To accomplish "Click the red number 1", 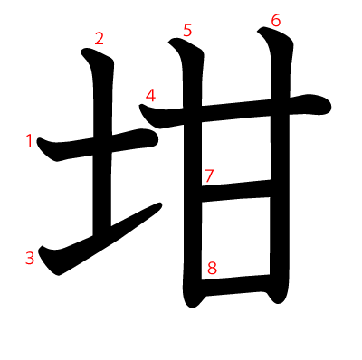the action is [x=29, y=141].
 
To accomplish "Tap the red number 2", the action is [x=100, y=39].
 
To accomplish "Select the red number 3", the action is [x=30, y=259].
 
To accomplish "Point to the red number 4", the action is [x=150, y=95].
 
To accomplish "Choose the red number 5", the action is [x=187, y=31].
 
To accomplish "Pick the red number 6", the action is [x=276, y=21].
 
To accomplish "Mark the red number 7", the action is [x=209, y=175].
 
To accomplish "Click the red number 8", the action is [x=212, y=268].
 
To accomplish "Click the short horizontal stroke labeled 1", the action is [x=97, y=145].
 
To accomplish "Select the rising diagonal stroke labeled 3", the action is [x=100, y=238].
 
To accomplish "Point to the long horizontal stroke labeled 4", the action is [x=235, y=111].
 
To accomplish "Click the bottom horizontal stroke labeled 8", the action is [x=235, y=285].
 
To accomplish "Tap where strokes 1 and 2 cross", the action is [x=102, y=145].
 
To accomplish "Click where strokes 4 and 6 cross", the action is [x=280, y=107].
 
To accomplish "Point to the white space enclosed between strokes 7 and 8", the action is [x=235, y=238].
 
